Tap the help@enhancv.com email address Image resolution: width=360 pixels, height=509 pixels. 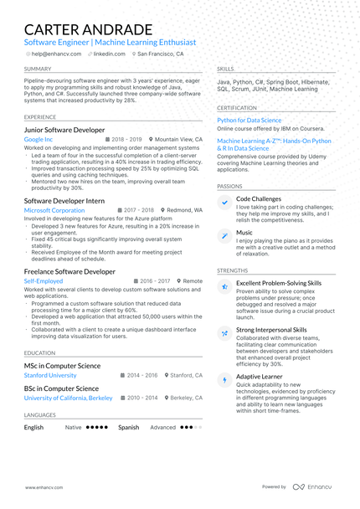coord(55,54)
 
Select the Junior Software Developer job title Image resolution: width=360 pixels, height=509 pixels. coord(64,130)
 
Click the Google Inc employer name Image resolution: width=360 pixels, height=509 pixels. coord(39,140)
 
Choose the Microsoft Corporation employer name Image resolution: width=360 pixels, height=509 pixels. coord(54,210)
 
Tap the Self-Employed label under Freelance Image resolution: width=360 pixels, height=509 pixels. coord(44,281)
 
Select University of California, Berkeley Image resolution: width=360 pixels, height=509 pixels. coord(68,398)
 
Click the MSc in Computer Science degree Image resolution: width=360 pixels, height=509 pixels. coord(62,366)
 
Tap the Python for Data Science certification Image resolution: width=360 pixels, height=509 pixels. coord(249,121)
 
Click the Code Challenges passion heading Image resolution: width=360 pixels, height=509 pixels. coord(259,198)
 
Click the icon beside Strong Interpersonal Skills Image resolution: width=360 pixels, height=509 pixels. coord(224,333)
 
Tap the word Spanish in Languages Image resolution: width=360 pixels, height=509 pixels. coord(128,427)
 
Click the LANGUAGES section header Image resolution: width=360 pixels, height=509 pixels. coord(40,414)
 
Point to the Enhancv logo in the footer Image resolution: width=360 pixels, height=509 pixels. coord(316,486)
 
